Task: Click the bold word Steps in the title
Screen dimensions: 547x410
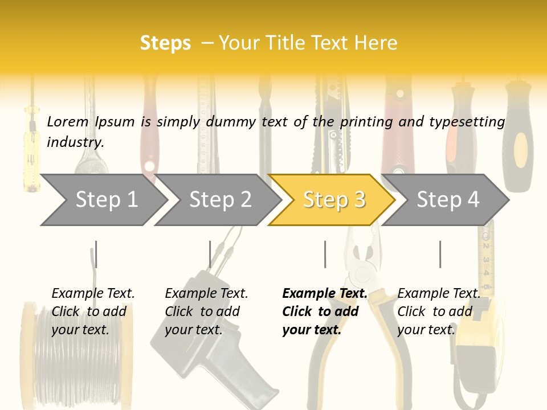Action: (165, 43)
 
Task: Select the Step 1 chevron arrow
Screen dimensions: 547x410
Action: (104, 200)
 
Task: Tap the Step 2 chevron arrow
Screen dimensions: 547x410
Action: (218, 200)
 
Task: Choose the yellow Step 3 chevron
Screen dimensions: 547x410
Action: (332, 200)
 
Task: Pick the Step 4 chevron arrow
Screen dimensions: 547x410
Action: (446, 200)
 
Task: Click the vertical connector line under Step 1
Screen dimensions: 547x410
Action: (96, 254)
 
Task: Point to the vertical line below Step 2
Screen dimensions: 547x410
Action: (210, 254)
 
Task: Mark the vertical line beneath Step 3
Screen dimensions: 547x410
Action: (325, 254)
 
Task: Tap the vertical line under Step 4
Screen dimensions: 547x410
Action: (440, 254)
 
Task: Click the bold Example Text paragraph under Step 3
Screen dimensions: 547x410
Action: (325, 311)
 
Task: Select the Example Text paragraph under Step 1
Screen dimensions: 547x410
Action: (93, 311)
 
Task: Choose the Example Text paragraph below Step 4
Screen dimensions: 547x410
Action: (439, 311)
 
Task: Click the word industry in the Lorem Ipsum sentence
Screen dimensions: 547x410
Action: (75, 142)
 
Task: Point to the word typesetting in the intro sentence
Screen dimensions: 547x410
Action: (467, 122)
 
